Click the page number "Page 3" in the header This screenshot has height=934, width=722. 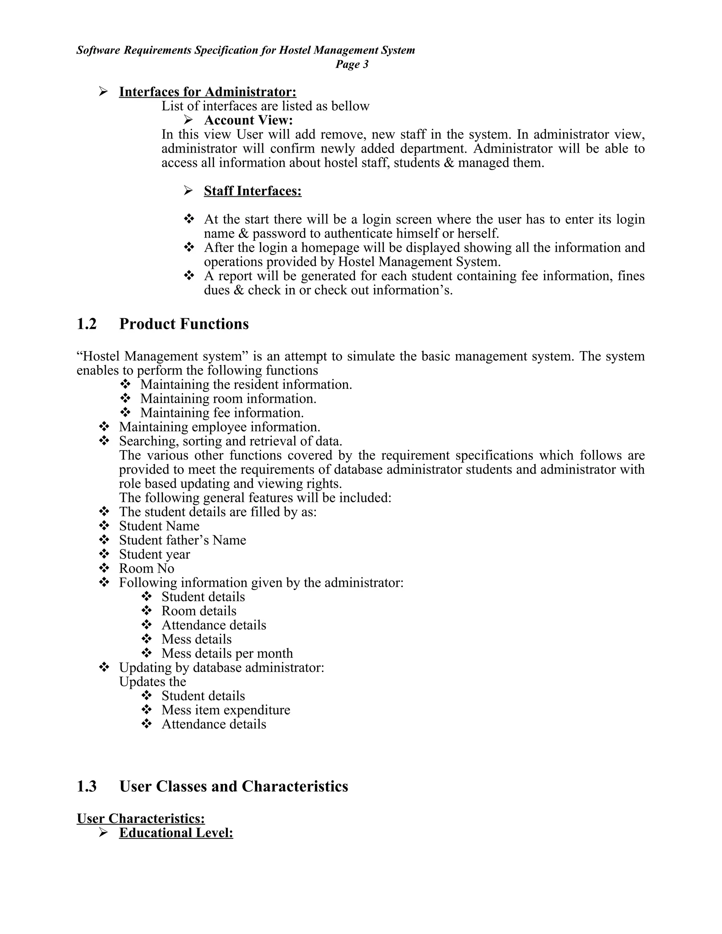click(x=351, y=64)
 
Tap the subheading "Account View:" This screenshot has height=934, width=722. click(x=248, y=120)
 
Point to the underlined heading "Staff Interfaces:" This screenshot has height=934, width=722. click(x=252, y=191)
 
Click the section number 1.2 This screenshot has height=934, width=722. click(x=87, y=324)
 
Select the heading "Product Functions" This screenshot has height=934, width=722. click(x=184, y=324)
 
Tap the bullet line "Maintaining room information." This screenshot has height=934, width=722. click(x=228, y=399)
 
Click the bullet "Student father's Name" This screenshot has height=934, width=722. click(x=182, y=540)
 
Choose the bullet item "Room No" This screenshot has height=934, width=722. click(x=146, y=569)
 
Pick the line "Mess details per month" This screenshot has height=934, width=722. click(x=227, y=653)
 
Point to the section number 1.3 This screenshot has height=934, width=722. click(x=87, y=786)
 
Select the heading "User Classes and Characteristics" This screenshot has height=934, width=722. click(x=233, y=786)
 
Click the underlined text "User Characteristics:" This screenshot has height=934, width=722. click(x=141, y=818)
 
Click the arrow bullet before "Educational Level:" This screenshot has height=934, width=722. click(x=103, y=832)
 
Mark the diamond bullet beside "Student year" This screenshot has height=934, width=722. click(x=104, y=554)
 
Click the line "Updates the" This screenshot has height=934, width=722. click(x=152, y=682)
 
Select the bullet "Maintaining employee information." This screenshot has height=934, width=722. click(x=219, y=427)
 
